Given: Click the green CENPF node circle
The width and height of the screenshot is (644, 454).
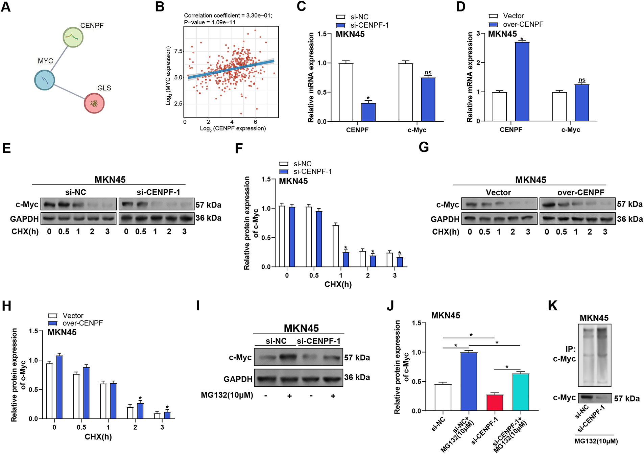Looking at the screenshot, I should point(73,37).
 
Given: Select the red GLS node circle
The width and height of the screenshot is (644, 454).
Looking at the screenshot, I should point(94,103).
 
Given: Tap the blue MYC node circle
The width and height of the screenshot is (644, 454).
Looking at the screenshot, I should point(45,80).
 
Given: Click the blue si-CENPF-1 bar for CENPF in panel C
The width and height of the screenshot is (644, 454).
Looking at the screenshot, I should point(368,112).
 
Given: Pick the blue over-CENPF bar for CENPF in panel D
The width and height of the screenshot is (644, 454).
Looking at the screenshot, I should point(522,81).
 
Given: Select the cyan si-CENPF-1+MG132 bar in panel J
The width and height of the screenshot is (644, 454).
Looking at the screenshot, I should point(521,392).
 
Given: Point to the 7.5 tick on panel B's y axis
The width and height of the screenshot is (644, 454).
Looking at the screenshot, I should point(178,51).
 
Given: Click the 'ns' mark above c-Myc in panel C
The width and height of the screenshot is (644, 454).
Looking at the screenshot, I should point(428,73).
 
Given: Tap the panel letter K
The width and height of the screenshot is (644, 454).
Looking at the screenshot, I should point(552,306).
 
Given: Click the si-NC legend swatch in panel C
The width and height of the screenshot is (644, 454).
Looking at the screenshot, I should point(341,17).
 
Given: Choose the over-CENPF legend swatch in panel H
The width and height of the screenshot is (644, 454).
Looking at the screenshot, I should point(53,323).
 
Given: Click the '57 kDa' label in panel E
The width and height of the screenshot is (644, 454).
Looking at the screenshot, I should point(208,205).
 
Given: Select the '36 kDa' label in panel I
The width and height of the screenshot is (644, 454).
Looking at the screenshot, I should point(357,377).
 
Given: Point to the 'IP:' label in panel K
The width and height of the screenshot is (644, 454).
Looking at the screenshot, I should point(570,349).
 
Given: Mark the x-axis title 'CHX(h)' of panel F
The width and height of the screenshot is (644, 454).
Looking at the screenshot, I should point(338,284).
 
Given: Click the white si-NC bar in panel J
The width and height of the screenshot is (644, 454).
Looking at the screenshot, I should point(443,397).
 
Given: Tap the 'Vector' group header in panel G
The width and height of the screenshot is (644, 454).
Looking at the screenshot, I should point(498,192).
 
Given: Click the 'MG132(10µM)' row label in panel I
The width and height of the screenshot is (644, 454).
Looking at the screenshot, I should point(227,395).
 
